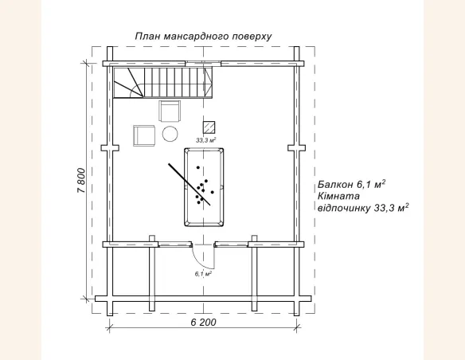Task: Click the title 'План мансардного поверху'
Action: pos(203,36)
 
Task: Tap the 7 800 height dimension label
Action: pos(81,181)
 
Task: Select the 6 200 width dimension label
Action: pos(204,322)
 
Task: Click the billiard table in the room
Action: pos(204,187)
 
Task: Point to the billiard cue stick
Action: pos(190,184)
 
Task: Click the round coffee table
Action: pos(170,134)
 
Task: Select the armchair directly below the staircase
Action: pos(170,111)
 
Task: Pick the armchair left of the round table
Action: pos(144,135)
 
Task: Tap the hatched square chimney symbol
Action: pos(209,127)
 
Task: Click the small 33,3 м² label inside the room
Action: pos(205,140)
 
